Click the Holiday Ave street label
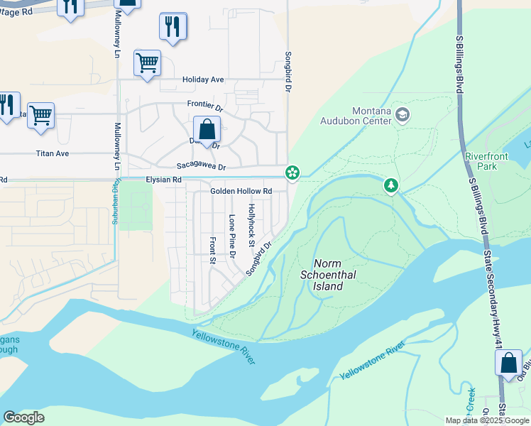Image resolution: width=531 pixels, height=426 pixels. (203, 80)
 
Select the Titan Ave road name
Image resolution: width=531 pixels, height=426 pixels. (53, 153)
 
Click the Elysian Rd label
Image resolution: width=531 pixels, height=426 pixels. (164, 180)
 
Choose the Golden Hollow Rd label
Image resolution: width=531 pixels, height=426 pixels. (241, 192)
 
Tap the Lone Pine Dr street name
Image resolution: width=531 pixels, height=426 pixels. (232, 235)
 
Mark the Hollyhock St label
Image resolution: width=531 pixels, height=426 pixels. (251, 225)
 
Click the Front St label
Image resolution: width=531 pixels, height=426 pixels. (212, 250)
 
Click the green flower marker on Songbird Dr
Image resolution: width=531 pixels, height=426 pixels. (292, 173)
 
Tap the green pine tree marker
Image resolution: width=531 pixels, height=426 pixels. (390, 186)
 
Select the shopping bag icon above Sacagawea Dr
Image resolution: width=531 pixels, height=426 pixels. (207, 130)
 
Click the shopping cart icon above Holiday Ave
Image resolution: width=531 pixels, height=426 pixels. (148, 63)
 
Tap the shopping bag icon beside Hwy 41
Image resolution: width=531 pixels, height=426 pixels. (508, 362)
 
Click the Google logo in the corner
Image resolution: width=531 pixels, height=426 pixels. (24, 417)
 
